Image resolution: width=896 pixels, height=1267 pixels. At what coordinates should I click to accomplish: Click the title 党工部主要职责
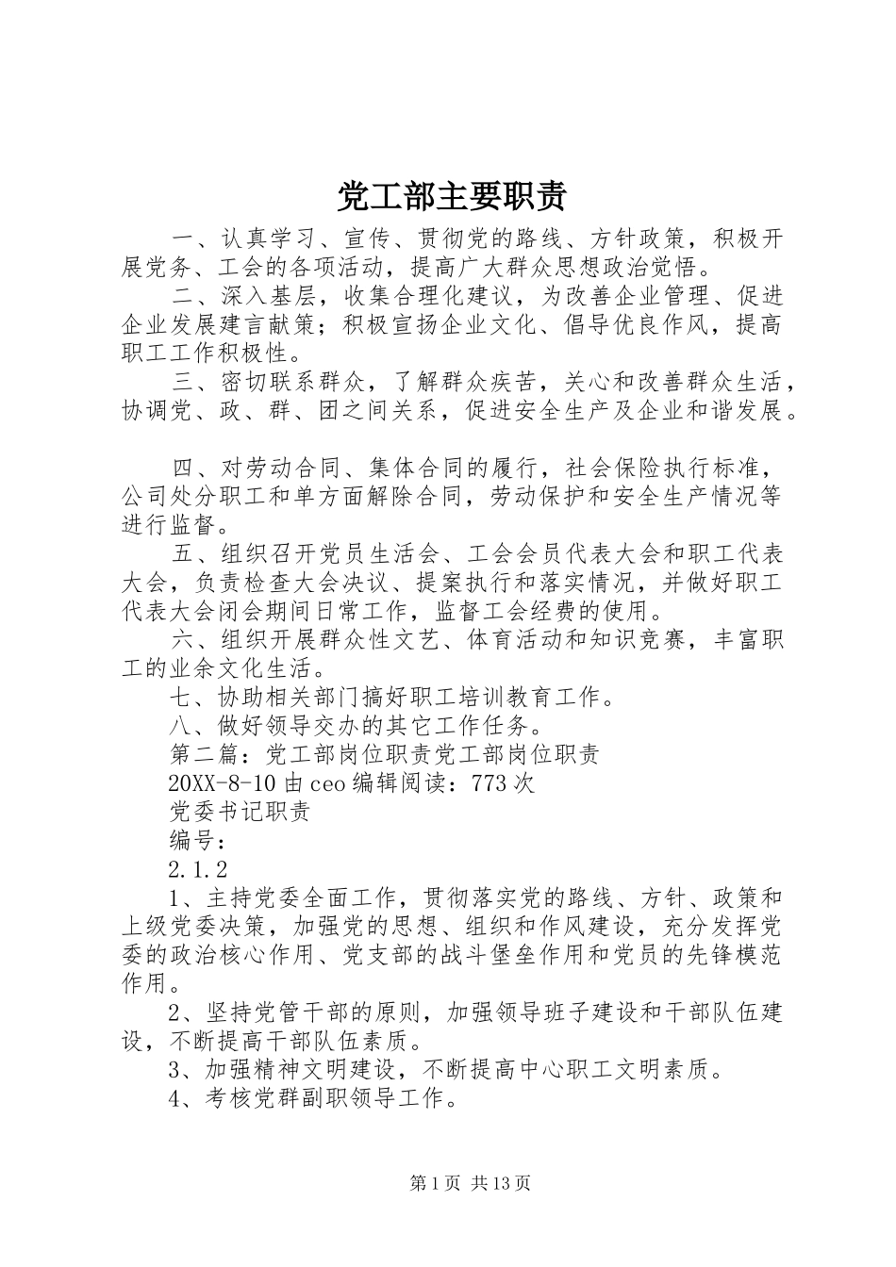452,196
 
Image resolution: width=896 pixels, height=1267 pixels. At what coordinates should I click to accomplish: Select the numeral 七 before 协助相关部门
180,698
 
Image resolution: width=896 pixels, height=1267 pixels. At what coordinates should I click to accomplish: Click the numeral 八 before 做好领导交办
180,726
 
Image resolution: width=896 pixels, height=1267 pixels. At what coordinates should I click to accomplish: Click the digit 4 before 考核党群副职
175,1098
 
